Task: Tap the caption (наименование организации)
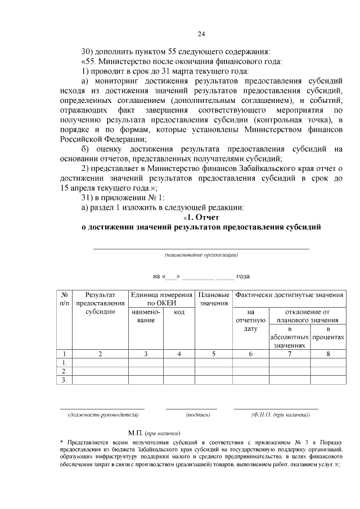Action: point(201,255)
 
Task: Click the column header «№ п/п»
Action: point(65,299)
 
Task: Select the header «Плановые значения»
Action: point(213,299)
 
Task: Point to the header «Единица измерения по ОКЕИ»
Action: point(161,299)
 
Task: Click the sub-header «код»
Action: point(179,312)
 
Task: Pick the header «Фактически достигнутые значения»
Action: point(289,295)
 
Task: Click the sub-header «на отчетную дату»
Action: point(251,320)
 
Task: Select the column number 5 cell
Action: point(213,354)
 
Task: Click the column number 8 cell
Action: point(328,354)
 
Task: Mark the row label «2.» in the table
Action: point(65,371)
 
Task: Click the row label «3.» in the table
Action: point(65,380)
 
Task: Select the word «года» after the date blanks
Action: point(243,276)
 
